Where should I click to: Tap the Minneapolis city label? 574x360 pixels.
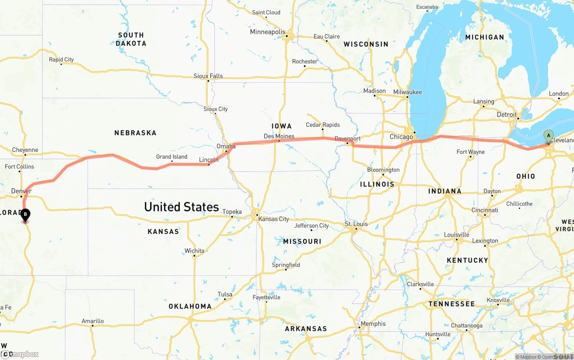pos(268,32)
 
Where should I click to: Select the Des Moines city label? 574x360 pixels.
pos(279,136)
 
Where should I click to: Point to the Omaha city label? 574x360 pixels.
pos(226,146)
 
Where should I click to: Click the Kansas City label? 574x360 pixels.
pos(273,219)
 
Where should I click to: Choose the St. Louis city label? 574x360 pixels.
pos(356,224)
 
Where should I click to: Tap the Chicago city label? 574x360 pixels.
pos(401,137)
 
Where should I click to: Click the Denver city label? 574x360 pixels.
pos(21,191)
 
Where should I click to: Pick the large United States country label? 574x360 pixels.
pos(181,207)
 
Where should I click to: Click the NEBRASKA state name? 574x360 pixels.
pos(135,133)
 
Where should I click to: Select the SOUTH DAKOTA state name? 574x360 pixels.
pos(131,39)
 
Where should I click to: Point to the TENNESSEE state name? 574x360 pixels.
pos(451,304)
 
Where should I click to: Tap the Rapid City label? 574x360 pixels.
pos(61,60)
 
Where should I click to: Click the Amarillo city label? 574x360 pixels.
pos(92,321)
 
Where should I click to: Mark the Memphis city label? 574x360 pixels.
pos(373,324)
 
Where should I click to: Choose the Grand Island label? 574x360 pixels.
pos(172,157)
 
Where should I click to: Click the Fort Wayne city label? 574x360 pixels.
pos(470,152)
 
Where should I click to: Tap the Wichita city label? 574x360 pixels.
pos(194,251)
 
